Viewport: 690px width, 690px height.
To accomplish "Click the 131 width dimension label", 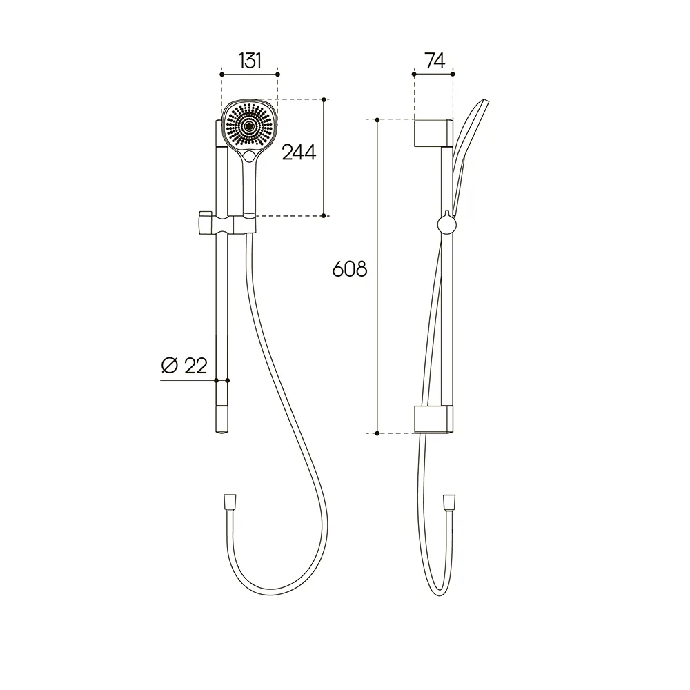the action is (250, 61).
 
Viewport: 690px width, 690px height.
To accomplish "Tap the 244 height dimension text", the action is (299, 152).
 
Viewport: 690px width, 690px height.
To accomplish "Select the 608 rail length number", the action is (349, 269).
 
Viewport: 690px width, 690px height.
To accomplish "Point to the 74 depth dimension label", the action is (435, 61).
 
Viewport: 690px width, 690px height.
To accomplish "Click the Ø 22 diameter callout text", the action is (184, 365).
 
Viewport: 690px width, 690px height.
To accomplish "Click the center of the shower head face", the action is (249, 126).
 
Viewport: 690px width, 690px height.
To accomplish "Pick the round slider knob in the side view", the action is (446, 224).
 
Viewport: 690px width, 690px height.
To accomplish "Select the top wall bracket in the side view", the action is (433, 132).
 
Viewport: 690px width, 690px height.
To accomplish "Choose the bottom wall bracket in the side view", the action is (433, 420).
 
